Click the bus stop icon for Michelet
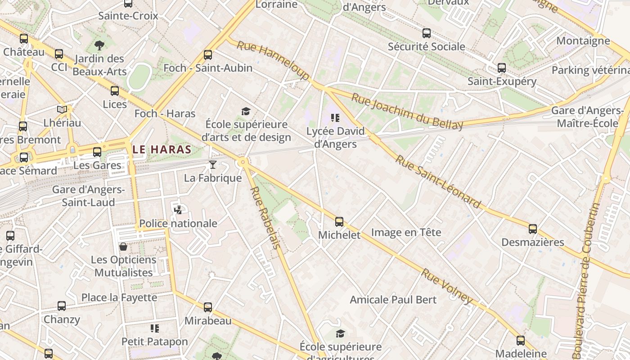[x=339, y=222]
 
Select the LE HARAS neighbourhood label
[x=162, y=149]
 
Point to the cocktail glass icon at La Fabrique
[x=213, y=165]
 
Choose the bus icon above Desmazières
[x=533, y=229]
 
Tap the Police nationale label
[x=178, y=224]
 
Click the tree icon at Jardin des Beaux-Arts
[x=99, y=45]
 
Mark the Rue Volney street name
[x=447, y=286]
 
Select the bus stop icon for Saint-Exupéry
[x=502, y=68]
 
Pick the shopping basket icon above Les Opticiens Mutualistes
[x=123, y=247]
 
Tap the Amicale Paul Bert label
[x=393, y=300]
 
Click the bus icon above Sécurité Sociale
[x=426, y=33]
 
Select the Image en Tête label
[x=406, y=233]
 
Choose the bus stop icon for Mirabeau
[x=208, y=307]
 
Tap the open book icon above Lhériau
[x=62, y=109]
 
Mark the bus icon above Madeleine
[x=521, y=341]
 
